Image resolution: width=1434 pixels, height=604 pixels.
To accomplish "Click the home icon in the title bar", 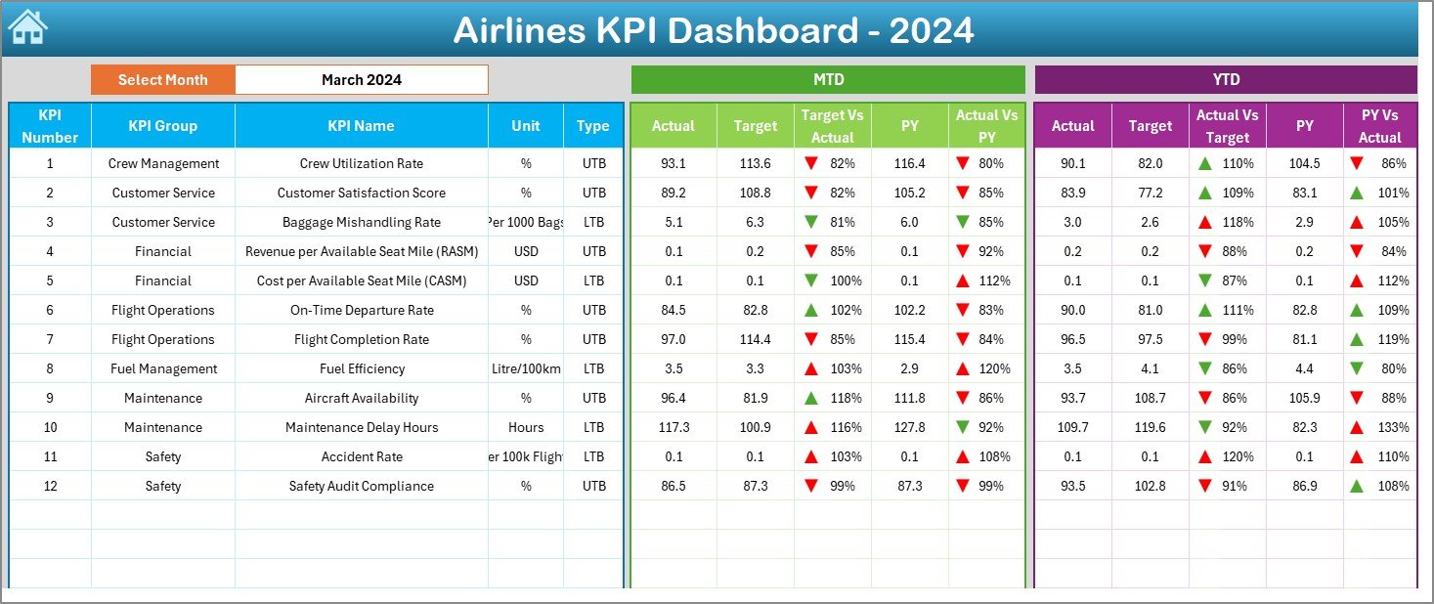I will [x=27, y=27].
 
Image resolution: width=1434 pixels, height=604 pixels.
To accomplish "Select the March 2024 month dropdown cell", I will [x=362, y=80].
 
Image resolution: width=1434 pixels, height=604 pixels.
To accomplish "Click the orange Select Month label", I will [x=163, y=80].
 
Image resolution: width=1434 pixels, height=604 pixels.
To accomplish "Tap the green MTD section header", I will [x=828, y=79].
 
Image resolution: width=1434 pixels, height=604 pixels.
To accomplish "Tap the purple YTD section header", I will [x=1225, y=79].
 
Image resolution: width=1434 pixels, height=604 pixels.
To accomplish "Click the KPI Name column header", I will [x=362, y=125].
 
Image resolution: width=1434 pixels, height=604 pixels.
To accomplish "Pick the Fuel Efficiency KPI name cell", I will [x=362, y=368].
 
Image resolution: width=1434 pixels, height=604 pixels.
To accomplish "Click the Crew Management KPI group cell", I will [x=163, y=163].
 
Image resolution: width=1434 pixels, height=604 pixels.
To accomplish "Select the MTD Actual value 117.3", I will [x=674, y=427].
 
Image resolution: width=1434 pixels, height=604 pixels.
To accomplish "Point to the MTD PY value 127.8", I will [x=910, y=427].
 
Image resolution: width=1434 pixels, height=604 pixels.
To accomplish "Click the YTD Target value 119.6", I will [x=1150, y=427].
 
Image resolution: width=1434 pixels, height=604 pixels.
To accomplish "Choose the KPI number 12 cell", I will [x=50, y=486].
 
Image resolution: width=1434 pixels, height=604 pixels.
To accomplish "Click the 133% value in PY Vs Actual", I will [x=1394, y=427].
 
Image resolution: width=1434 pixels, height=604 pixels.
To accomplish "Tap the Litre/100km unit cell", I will [x=526, y=368].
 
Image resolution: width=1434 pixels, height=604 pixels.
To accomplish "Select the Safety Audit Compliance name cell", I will [x=362, y=486].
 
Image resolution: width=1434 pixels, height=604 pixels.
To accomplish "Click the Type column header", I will [x=592, y=125].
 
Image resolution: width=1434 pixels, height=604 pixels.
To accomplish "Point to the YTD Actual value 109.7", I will [x=1072, y=427].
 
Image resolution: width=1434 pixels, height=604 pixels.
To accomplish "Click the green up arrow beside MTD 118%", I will [x=810, y=398].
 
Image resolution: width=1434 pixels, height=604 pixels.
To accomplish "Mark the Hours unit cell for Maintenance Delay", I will [x=526, y=427].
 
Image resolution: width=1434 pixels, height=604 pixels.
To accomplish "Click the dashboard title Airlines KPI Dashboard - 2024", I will [x=714, y=30].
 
